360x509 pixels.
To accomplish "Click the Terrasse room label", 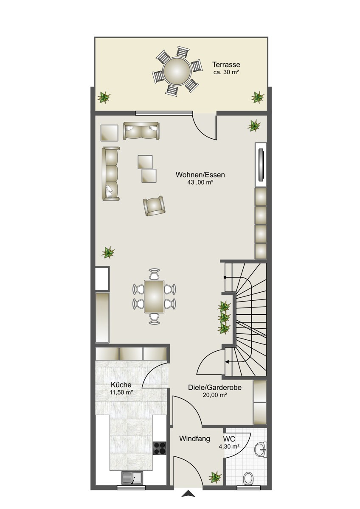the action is point(226,65).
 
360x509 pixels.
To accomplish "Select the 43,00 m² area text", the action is point(200,182).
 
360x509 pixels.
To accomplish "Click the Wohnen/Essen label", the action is point(200,175).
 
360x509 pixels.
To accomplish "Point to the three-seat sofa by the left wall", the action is point(111,173).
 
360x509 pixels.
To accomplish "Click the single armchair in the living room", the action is point(154,206).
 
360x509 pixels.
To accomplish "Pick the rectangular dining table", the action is point(154,296).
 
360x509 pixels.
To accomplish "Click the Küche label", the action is point(121,385).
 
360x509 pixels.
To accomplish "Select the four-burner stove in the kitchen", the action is point(160,447).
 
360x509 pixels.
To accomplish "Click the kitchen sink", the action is point(132,478).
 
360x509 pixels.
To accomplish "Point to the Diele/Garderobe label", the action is point(215,387).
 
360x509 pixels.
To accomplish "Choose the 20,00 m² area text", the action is point(215,395).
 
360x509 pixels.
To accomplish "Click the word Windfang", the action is point(194,439).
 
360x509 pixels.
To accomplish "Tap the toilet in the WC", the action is point(248,477).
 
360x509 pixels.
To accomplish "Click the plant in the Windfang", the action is point(215,477).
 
